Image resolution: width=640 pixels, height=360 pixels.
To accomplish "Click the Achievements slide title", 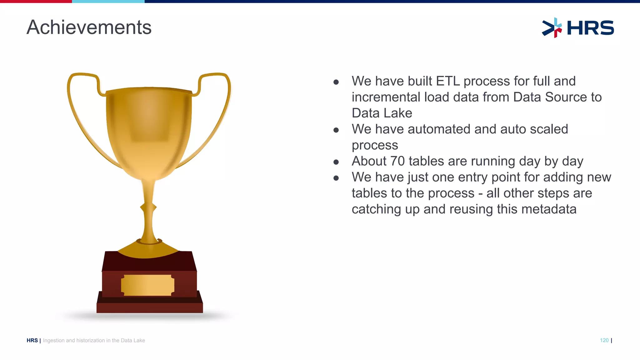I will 89,27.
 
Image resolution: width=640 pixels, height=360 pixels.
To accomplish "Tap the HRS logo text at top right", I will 590,28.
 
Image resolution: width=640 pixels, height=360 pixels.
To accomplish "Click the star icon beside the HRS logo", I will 552,28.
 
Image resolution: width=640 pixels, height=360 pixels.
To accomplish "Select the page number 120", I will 604,340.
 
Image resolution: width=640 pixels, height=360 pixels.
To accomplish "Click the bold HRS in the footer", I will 32,340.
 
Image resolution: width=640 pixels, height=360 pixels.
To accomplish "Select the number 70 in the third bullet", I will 397,161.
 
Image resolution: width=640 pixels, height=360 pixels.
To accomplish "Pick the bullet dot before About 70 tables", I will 336,162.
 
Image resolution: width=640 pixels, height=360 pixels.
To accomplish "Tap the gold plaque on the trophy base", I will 147,285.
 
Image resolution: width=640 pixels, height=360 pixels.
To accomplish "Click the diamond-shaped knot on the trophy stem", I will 148,207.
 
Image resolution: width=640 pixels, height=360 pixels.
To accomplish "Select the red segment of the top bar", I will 36,1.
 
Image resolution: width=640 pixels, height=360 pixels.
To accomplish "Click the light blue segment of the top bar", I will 108,1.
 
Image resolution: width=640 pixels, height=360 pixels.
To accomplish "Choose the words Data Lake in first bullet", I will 382,113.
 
